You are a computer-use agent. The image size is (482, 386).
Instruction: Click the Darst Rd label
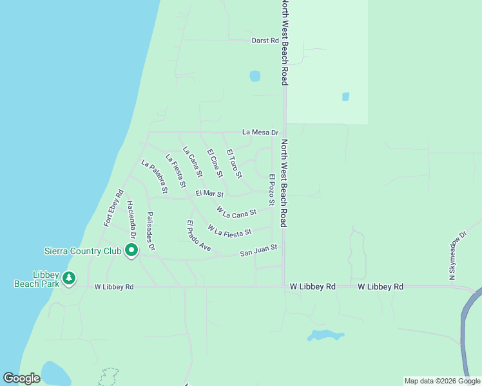[265, 41]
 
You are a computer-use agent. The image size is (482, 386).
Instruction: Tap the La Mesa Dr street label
[260, 133]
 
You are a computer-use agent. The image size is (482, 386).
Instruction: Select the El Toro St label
[234, 163]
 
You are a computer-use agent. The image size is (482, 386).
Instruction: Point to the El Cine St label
[215, 163]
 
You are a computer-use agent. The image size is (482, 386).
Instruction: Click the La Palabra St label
[155, 177]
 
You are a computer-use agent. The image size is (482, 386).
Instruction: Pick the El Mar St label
[209, 193]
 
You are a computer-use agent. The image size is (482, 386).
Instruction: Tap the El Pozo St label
[272, 190]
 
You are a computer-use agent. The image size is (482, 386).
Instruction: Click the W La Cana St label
[236, 211]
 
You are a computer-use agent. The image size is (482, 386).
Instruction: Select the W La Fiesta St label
[229, 229]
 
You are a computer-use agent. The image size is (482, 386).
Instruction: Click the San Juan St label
[258, 250]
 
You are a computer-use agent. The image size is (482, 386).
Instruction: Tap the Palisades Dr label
[151, 231]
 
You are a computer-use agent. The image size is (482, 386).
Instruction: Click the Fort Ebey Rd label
[113, 208]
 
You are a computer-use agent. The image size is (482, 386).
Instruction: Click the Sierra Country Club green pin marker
[131, 250]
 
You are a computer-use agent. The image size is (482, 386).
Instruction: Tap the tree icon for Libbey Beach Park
[69, 279]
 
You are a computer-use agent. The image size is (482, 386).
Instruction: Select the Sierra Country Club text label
[82, 250]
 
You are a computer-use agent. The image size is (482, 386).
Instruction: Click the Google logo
[21, 378]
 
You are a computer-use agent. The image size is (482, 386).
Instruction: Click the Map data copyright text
[441, 381]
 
